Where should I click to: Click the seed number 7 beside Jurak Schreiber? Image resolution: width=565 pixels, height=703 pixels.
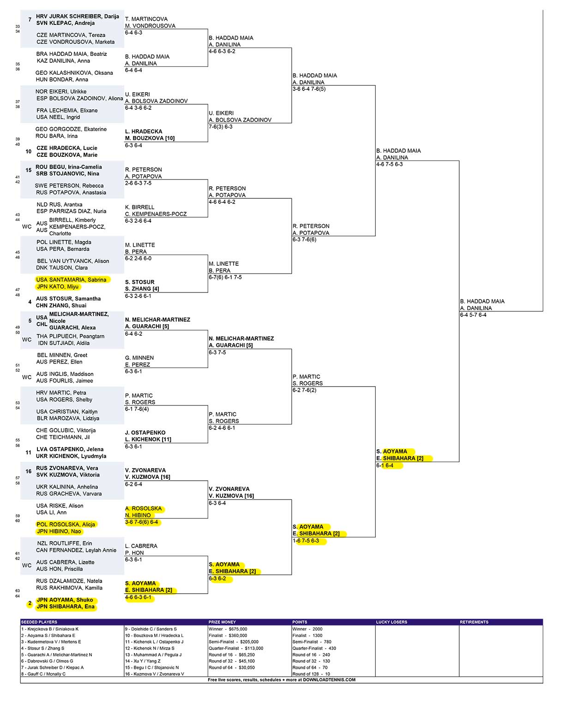click(x=30, y=19)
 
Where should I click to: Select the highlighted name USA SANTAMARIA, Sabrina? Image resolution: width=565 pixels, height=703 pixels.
click(x=71, y=280)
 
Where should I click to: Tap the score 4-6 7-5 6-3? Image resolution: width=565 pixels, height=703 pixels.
click(x=390, y=164)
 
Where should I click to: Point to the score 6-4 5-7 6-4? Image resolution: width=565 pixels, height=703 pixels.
click(x=473, y=315)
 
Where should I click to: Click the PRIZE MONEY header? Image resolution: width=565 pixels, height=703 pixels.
click(x=222, y=622)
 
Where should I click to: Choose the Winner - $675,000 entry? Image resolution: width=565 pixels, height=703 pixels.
click(x=228, y=629)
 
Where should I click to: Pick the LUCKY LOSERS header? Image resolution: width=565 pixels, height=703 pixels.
click(x=391, y=622)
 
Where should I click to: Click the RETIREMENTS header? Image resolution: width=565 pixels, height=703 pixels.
click(x=474, y=622)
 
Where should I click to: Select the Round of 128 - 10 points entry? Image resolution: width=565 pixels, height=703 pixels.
click(x=311, y=674)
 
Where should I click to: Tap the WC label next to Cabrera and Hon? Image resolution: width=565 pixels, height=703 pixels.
click(x=27, y=566)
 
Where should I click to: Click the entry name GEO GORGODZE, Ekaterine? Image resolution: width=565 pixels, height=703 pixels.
click(x=71, y=129)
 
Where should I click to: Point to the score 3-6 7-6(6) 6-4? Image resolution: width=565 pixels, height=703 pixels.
click(x=141, y=522)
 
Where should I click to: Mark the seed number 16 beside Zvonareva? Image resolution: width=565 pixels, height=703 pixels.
click(x=29, y=471)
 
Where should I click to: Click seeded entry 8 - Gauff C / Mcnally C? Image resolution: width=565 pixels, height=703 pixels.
click(x=43, y=674)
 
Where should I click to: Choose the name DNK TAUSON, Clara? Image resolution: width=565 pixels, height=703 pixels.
click(x=62, y=268)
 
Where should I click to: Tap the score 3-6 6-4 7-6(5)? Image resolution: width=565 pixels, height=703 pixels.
click(x=309, y=89)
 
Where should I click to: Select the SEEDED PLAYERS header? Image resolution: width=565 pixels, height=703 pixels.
click(x=39, y=622)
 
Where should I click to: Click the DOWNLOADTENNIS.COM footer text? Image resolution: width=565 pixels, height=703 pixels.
click(x=329, y=680)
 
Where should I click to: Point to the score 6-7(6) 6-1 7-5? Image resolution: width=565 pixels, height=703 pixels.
click(x=225, y=277)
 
